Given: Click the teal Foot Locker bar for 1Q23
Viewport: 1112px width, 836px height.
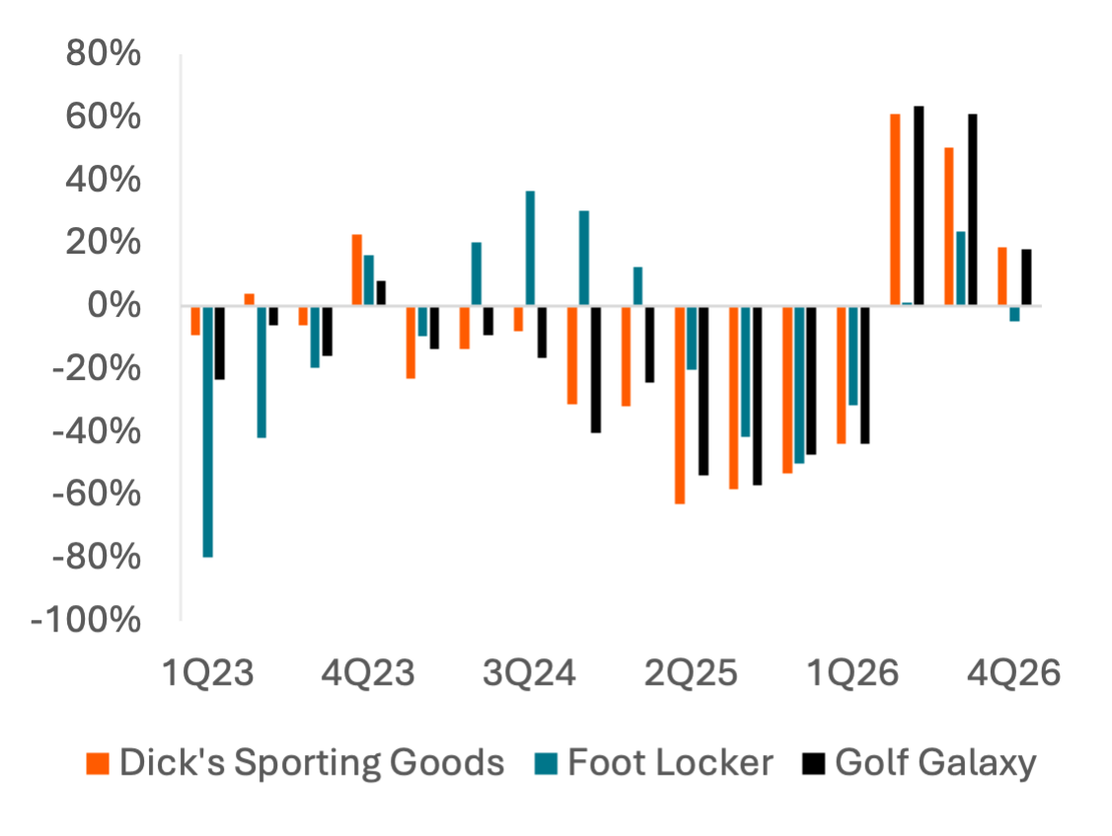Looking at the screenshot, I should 208,432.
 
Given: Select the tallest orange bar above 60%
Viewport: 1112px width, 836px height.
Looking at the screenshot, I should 895,209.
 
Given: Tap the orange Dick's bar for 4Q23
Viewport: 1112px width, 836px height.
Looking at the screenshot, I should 357,269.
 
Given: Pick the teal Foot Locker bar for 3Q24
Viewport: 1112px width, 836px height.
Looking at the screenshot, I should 530,248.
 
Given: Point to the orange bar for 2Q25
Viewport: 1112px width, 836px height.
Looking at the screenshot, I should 680,406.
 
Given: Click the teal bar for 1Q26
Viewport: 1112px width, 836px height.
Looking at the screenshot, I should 853,356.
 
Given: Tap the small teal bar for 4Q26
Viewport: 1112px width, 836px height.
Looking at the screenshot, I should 1014,315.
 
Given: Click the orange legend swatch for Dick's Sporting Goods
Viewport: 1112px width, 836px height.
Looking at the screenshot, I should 99,763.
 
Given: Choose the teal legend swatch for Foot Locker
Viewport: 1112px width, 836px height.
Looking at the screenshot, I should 547,763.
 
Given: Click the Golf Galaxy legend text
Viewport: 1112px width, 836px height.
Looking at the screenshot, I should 934,763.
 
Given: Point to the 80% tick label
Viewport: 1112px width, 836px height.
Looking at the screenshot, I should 104,54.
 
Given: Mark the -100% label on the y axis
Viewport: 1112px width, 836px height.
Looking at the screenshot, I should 87,621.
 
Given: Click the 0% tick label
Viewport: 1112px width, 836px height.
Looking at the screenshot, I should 114,306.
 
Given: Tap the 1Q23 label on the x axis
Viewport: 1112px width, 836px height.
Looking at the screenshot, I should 208,676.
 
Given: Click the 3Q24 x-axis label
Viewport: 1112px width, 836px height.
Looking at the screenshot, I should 529,676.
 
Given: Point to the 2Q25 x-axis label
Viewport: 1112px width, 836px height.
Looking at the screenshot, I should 691,676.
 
